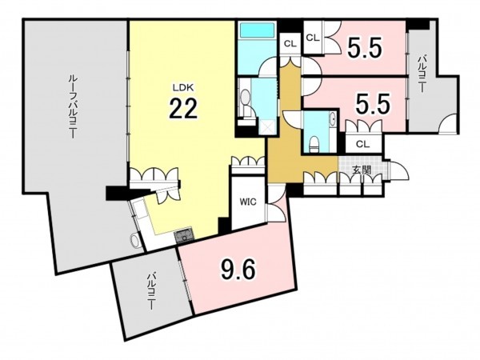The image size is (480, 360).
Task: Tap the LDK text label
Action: coord(183,88)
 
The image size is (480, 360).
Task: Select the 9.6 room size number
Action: coord(238,270)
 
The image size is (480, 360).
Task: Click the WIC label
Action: coord(248,202)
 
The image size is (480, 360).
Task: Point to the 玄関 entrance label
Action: coord(362,170)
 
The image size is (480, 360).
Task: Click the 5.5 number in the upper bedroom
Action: coord(364,48)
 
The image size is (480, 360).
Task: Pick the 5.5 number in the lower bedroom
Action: coord(373,103)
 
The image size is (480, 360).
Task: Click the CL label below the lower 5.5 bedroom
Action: coord(363,143)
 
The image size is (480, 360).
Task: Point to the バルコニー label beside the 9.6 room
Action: coord(151,291)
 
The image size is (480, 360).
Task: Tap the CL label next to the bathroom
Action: coord(290,44)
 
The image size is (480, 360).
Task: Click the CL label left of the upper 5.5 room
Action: coord(313,38)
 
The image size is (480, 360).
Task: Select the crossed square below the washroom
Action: coord(267,126)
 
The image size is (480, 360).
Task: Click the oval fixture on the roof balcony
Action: coord(134,240)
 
